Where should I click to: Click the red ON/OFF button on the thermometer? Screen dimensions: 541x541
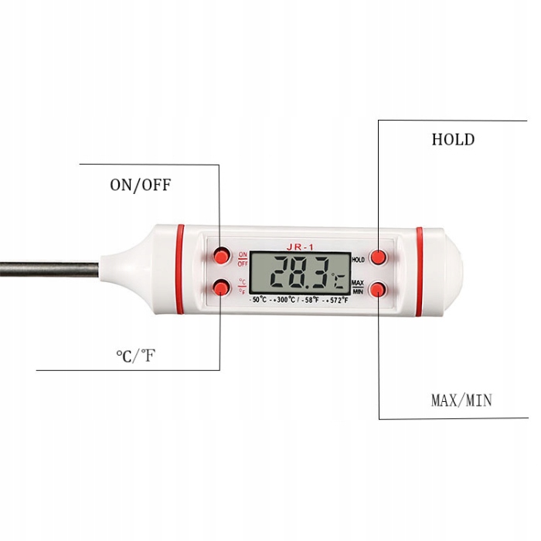[x=222, y=254]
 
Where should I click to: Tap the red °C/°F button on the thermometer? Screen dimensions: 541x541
[x=222, y=288]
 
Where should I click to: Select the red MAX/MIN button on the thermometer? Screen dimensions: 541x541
[x=378, y=289]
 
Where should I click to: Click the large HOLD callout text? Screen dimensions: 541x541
[x=453, y=140]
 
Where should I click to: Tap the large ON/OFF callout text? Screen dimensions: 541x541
[x=140, y=185]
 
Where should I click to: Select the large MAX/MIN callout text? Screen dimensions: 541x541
[x=461, y=400]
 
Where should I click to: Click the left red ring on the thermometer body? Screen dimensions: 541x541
[x=180, y=270]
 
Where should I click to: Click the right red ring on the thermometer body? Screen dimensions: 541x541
[x=420, y=271]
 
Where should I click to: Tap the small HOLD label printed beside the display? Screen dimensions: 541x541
[x=358, y=260]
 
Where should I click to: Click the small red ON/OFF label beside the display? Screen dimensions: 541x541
[x=243, y=258]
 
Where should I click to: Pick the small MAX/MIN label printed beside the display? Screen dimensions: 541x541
[x=358, y=286]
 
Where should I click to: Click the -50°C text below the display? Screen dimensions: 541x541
[x=259, y=299]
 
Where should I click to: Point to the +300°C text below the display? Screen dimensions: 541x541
[x=288, y=299]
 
